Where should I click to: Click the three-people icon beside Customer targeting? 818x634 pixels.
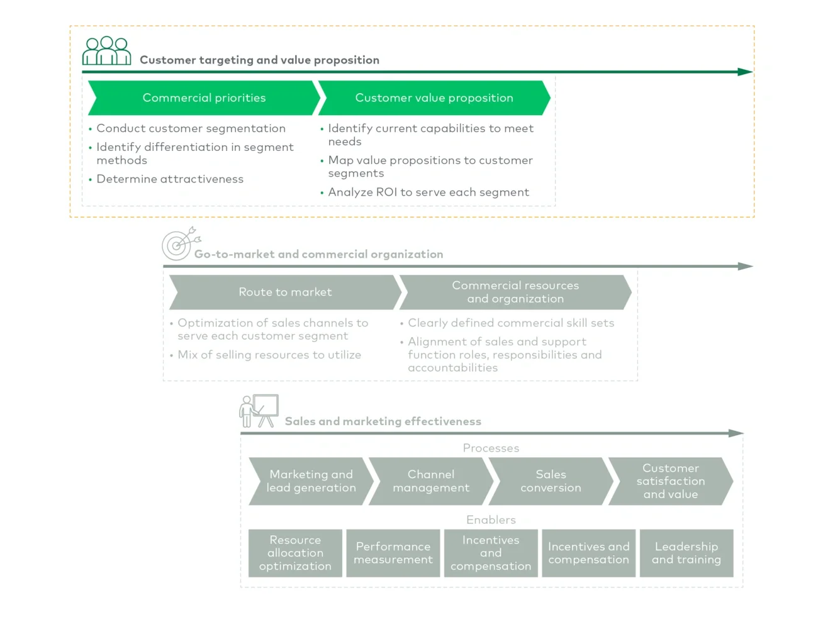[x=106, y=51]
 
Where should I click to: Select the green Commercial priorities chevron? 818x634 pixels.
[x=204, y=98]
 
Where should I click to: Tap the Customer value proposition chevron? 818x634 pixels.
[x=434, y=98]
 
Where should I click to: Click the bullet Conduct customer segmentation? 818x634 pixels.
[x=191, y=128]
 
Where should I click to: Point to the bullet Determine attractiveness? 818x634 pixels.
[x=170, y=179]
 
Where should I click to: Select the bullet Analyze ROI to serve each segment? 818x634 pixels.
[x=428, y=192]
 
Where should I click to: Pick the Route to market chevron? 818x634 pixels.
[x=285, y=292]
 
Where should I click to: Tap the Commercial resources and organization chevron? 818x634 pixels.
[x=515, y=292]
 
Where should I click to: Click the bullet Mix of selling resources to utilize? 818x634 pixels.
[x=269, y=355]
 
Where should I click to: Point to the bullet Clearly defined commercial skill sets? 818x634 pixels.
[x=511, y=323]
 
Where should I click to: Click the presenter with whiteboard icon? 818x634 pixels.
[x=259, y=411]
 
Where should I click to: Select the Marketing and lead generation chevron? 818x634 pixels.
[x=311, y=481]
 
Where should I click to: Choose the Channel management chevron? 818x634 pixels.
[x=431, y=481]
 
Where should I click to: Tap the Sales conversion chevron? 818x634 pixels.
[x=551, y=481]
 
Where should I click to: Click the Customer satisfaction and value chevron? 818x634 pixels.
[x=670, y=481]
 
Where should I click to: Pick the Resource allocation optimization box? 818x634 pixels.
[x=295, y=553]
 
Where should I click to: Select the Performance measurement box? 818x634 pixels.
[x=393, y=553]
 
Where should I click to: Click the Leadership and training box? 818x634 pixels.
[x=686, y=553]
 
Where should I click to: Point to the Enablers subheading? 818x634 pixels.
[x=491, y=520]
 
